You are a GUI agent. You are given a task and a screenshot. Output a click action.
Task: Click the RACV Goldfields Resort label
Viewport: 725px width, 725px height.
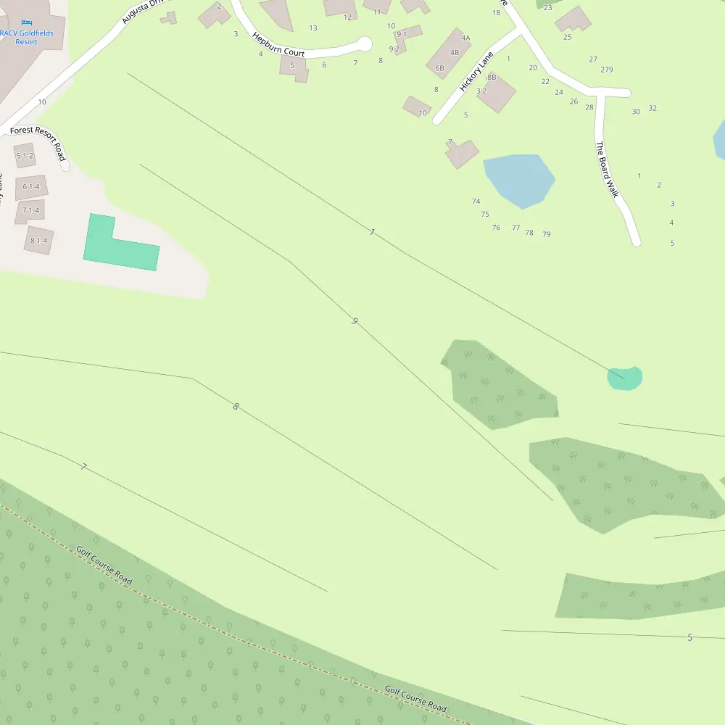[27, 37]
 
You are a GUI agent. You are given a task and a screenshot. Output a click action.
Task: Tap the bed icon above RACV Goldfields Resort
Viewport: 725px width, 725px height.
[27, 23]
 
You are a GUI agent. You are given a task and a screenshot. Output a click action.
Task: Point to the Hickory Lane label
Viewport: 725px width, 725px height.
[476, 71]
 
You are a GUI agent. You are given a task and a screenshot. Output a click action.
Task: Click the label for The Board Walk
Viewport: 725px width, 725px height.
[605, 159]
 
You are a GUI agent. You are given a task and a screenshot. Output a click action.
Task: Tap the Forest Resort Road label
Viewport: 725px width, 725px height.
[38, 142]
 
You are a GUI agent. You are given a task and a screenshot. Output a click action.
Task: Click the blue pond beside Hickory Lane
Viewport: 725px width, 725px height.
[519, 179]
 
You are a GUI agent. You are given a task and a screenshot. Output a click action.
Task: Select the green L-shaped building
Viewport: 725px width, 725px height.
[120, 246]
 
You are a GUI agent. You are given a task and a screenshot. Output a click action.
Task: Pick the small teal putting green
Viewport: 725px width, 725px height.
[625, 378]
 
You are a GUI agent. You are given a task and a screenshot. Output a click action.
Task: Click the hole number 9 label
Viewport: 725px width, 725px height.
[355, 320]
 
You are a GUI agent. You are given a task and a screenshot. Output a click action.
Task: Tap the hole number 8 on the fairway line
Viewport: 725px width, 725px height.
[236, 407]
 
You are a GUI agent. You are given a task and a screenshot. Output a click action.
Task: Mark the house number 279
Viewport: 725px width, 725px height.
[607, 70]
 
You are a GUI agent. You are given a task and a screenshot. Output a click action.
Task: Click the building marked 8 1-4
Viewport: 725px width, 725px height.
[38, 240]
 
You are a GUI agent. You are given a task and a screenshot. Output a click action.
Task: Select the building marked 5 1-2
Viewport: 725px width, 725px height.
[25, 155]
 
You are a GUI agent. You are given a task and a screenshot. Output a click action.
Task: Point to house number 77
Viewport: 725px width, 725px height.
[515, 228]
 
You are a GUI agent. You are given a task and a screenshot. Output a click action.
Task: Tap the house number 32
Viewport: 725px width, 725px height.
[652, 108]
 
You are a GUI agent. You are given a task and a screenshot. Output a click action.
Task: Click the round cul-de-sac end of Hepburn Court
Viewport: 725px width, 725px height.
[365, 44]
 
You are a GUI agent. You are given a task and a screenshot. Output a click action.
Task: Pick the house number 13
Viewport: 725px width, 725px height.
[313, 28]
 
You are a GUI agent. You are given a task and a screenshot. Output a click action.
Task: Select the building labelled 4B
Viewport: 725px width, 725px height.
[455, 52]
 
